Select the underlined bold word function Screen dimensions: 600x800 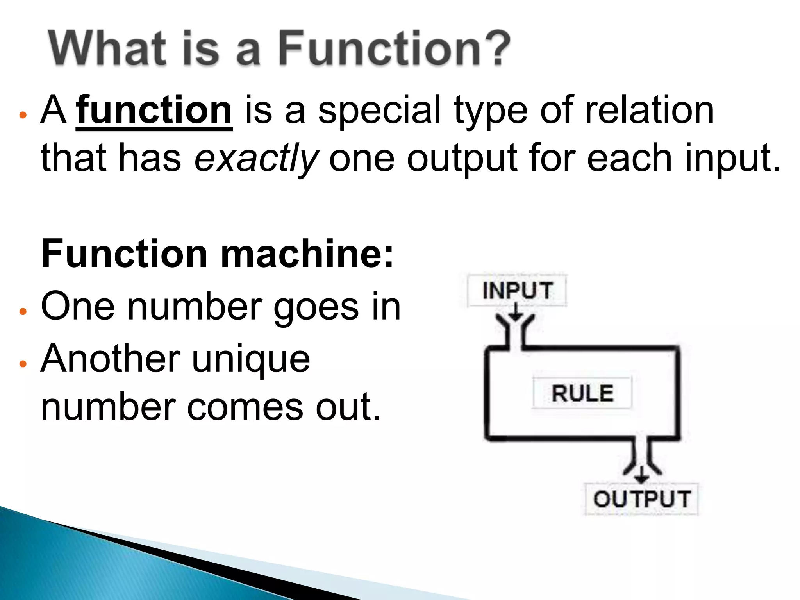tap(154, 111)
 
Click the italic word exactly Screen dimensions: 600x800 tap(256, 158)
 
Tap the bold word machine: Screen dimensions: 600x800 tap(307, 254)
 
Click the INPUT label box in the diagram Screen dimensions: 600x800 tap(517, 291)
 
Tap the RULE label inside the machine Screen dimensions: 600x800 tap(582, 393)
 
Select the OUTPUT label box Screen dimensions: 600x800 tap(642, 499)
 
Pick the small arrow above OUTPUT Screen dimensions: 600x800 tap(641, 475)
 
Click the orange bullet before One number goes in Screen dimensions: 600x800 tap(23, 311)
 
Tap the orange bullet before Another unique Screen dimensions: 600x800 tap(23, 364)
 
